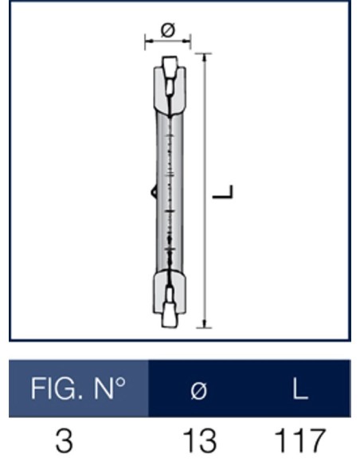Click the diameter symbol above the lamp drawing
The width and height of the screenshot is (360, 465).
pyautogui.click(x=168, y=29)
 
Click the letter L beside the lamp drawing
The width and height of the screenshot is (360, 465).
pyautogui.click(x=223, y=192)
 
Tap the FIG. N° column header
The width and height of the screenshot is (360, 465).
pyautogui.click(x=78, y=389)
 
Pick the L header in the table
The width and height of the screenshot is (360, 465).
pyautogui.click(x=300, y=389)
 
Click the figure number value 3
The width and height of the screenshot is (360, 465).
pyautogui.click(x=64, y=440)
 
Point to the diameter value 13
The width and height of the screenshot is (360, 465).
pyautogui.click(x=199, y=440)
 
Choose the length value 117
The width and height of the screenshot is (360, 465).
pyautogui.click(x=299, y=440)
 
